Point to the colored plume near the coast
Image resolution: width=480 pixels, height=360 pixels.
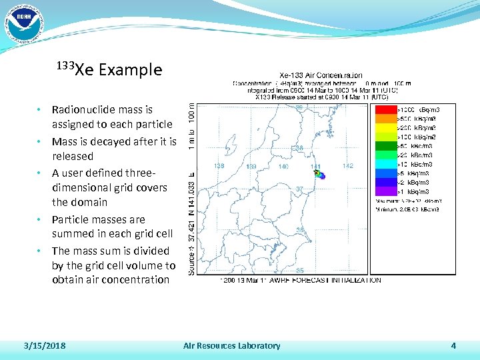319,175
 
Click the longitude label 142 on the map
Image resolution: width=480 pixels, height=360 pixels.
347,167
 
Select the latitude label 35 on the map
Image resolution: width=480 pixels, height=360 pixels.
299,270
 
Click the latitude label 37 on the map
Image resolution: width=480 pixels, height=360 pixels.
299,189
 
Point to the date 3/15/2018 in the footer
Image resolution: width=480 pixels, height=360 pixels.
44,345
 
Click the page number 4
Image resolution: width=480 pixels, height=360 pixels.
453,345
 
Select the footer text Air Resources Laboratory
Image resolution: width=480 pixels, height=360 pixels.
231,345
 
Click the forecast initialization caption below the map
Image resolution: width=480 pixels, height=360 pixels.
300,280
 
